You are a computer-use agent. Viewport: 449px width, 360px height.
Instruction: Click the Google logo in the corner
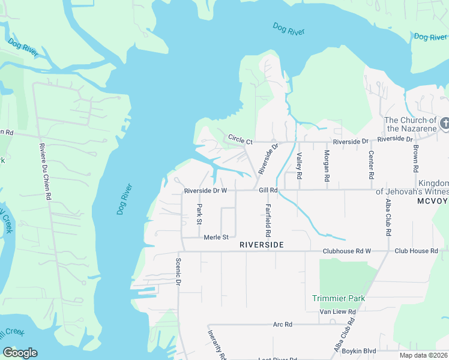(x=20, y=353)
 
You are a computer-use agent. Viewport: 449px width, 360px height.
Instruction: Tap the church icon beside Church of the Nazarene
(x=444, y=123)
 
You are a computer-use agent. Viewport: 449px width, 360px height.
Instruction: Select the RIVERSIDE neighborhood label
(x=261, y=245)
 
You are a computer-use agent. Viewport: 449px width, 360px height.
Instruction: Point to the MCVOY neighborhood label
(x=432, y=202)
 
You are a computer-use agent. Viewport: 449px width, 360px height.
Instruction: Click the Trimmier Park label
(x=339, y=298)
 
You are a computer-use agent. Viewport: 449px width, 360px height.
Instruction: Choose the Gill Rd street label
(x=268, y=190)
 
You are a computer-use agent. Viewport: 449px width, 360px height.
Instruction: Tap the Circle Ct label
(x=241, y=139)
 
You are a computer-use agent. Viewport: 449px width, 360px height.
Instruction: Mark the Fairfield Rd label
(x=268, y=220)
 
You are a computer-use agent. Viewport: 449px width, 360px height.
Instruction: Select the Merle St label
(x=216, y=237)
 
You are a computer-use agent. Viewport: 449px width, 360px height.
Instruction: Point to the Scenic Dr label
(x=178, y=272)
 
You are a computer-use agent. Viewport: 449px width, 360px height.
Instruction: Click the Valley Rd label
(x=299, y=166)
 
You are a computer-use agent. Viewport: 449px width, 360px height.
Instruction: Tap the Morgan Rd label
(x=327, y=166)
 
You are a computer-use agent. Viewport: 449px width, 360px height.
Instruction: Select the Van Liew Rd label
(x=337, y=312)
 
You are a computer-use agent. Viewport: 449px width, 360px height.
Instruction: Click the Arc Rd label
(x=282, y=324)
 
